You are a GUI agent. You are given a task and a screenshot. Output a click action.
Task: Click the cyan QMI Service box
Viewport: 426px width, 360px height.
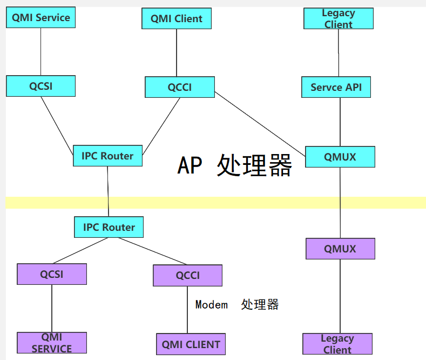click(x=41, y=17)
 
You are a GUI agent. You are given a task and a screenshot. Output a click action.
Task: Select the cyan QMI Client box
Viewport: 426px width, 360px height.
click(x=177, y=18)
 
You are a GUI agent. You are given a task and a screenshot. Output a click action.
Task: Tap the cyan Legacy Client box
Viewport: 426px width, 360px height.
click(x=339, y=18)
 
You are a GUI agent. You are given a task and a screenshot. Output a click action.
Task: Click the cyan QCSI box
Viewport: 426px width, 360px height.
click(x=41, y=86)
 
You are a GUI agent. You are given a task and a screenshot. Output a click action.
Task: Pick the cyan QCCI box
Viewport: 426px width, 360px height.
click(x=180, y=87)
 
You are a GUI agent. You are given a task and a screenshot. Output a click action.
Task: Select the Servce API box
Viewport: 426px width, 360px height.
click(x=336, y=87)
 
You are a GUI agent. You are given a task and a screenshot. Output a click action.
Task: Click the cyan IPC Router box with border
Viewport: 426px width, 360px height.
click(x=107, y=156)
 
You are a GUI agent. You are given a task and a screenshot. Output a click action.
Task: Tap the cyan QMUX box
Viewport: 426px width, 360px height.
click(x=340, y=157)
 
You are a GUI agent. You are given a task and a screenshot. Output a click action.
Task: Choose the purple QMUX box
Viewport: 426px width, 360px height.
click(x=340, y=249)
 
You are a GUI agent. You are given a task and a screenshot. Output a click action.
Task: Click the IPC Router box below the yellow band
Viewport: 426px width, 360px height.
click(x=109, y=227)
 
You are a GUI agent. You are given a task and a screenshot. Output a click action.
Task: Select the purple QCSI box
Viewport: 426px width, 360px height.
click(x=52, y=274)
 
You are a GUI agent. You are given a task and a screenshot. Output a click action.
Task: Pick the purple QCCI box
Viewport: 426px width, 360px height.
click(x=188, y=275)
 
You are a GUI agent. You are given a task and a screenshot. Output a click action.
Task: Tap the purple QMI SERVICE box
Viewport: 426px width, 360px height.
click(x=52, y=343)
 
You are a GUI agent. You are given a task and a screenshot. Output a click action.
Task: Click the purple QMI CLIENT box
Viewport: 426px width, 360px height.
click(x=191, y=344)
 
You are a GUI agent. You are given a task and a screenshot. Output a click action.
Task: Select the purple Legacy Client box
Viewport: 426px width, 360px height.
click(x=337, y=344)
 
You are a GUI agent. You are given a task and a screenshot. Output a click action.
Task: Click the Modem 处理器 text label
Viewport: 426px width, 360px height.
click(x=236, y=304)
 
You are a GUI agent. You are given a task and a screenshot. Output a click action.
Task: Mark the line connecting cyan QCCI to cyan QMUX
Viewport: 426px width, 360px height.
click(x=260, y=122)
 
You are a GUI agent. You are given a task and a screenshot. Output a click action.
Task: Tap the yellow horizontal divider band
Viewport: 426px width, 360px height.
click(x=216, y=202)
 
